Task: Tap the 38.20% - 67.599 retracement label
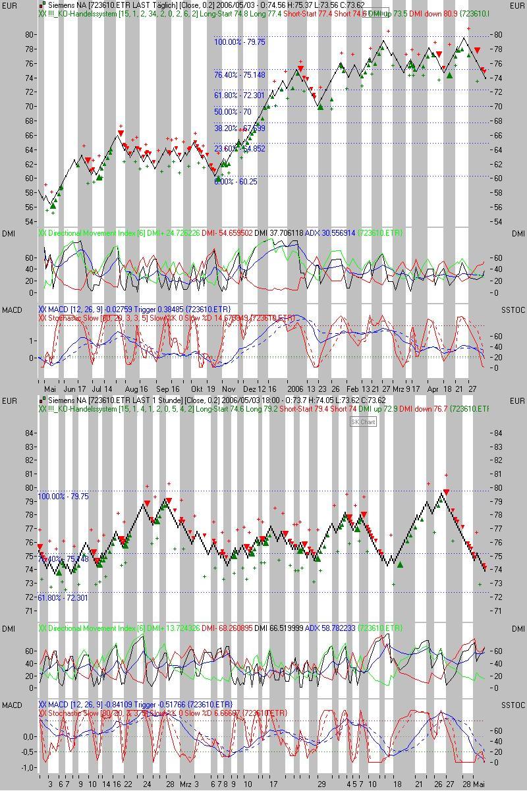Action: point(239,128)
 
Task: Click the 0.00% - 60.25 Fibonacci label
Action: point(235,182)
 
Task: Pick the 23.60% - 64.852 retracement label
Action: point(239,149)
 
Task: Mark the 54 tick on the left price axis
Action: point(30,221)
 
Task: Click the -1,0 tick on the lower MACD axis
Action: point(29,768)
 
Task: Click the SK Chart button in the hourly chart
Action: point(363,422)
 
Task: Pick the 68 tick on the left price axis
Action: point(30,121)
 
